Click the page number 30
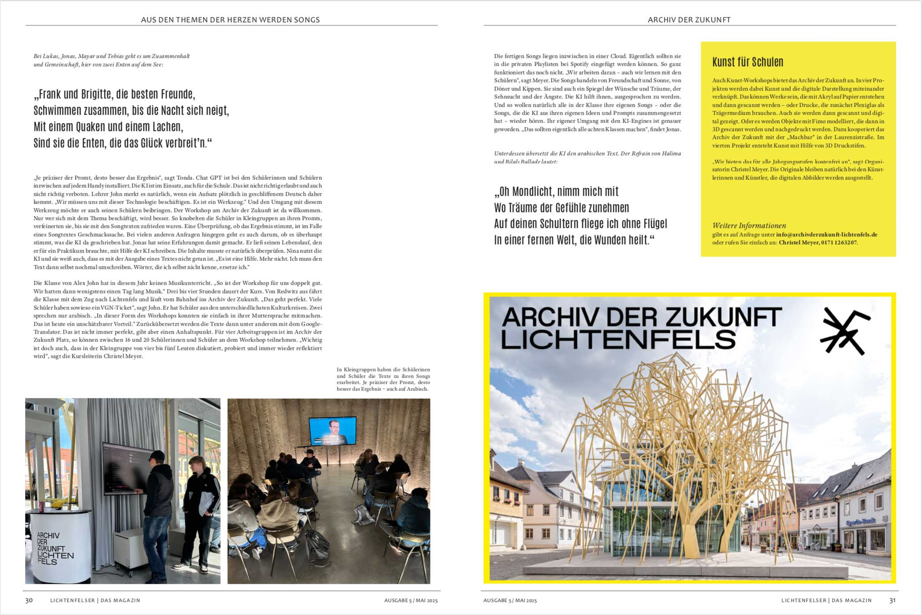[29, 600]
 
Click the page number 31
[892, 600]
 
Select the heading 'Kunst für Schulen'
[747, 62]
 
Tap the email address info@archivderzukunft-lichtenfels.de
[826, 235]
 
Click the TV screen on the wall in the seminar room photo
[332, 431]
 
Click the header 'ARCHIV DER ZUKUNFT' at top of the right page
[689, 20]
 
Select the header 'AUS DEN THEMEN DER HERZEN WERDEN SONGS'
[230, 20]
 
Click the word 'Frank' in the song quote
[50, 95]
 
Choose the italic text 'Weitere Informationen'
[749, 226]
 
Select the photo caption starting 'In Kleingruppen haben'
[383, 379]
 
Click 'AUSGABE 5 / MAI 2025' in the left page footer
[411, 600]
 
